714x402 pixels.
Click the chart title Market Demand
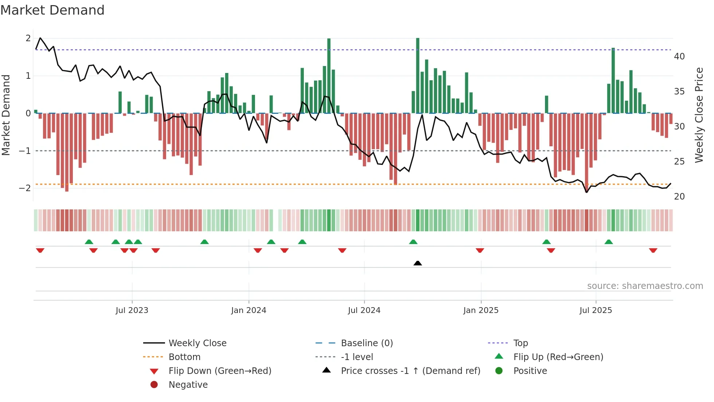(x=52, y=10)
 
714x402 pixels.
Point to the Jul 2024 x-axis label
(x=364, y=310)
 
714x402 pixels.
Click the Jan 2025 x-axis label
(x=480, y=310)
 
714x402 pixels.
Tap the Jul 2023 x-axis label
(x=132, y=310)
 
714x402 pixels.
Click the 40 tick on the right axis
(x=679, y=56)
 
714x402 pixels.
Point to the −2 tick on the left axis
(x=25, y=188)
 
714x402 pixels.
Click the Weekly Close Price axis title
(x=699, y=115)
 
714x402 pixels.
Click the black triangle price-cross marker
(x=418, y=263)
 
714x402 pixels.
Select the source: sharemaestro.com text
(x=645, y=286)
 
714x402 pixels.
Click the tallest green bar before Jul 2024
(x=329, y=76)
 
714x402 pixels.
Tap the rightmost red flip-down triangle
(x=653, y=250)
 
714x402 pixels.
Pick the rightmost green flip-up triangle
(x=609, y=242)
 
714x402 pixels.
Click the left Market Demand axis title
(x=6, y=115)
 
